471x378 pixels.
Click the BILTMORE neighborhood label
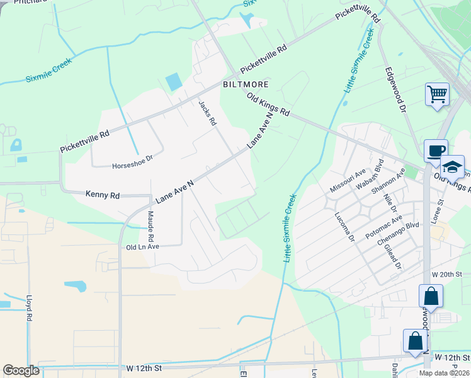tap(246, 84)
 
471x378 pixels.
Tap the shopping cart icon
tap(437, 94)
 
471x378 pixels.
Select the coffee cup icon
tap(436, 151)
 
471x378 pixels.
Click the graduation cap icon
tap(452, 167)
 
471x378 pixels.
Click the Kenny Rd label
tap(102, 196)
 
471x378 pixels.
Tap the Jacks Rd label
tap(207, 113)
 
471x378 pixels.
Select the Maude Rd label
tap(151, 227)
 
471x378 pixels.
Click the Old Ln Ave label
tap(142, 248)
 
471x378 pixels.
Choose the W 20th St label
tap(447, 275)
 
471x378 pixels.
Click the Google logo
tap(21, 371)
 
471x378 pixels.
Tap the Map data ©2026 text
tap(445, 373)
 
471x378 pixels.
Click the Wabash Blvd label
tap(370, 173)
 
